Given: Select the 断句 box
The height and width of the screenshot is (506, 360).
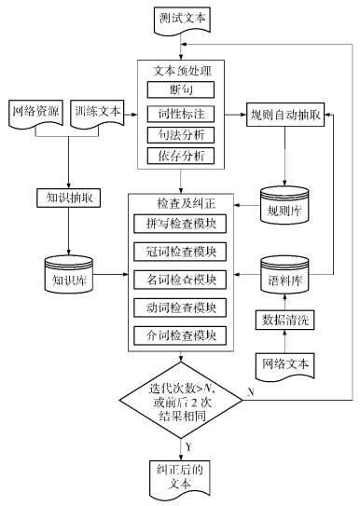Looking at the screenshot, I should pyautogui.click(x=180, y=90).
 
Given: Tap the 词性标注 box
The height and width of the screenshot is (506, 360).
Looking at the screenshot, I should pyautogui.click(x=180, y=113).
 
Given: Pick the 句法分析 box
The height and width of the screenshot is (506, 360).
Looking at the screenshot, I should pyautogui.click(x=180, y=135).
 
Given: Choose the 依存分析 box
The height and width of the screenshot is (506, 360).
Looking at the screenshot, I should pyautogui.click(x=180, y=157).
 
